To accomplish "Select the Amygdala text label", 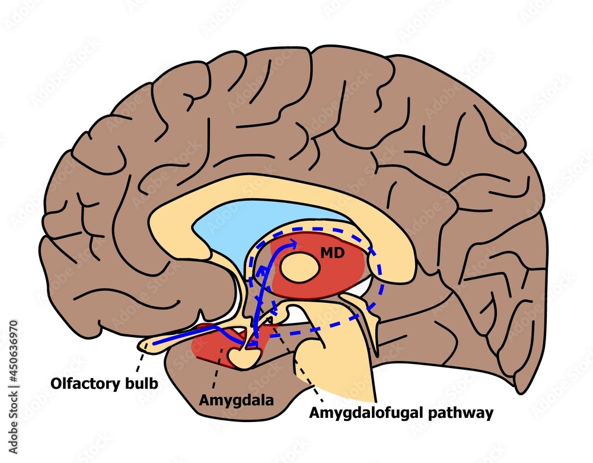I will pyautogui.click(x=236, y=401).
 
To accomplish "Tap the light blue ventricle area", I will pyautogui.click(x=261, y=223).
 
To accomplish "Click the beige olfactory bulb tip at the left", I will pyautogui.click(x=148, y=344).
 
